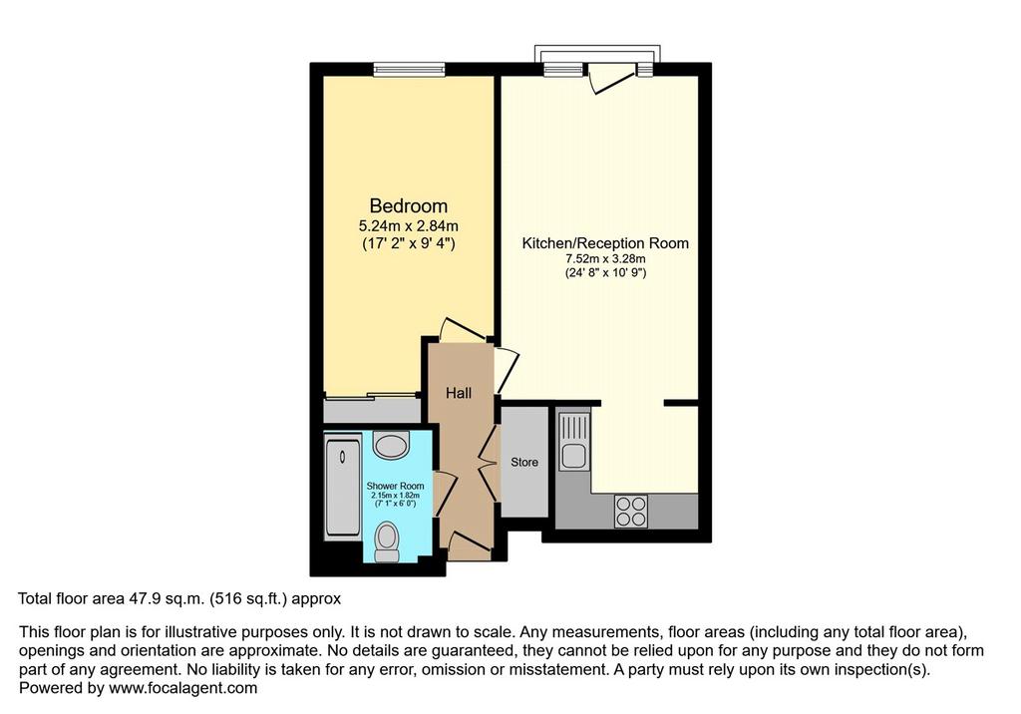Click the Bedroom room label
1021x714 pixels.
coord(408,205)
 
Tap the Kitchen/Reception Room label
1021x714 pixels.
coord(605,243)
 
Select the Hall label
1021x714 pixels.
coord(459,393)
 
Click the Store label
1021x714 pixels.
coord(524,462)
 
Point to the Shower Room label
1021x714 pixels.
coord(395,486)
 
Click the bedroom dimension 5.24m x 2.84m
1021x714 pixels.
coord(408,226)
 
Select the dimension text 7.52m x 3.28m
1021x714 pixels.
coord(605,259)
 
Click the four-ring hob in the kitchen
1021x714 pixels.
coord(631,511)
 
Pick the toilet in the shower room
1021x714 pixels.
coord(388,542)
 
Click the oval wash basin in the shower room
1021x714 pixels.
coord(391,446)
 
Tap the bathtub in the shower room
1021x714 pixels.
coord(343,488)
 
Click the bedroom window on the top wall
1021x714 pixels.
coord(409,69)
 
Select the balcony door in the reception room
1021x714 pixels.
coord(611,78)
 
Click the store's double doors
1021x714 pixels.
coord(489,463)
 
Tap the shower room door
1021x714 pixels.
coord(444,495)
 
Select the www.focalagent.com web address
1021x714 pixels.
coord(183,688)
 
